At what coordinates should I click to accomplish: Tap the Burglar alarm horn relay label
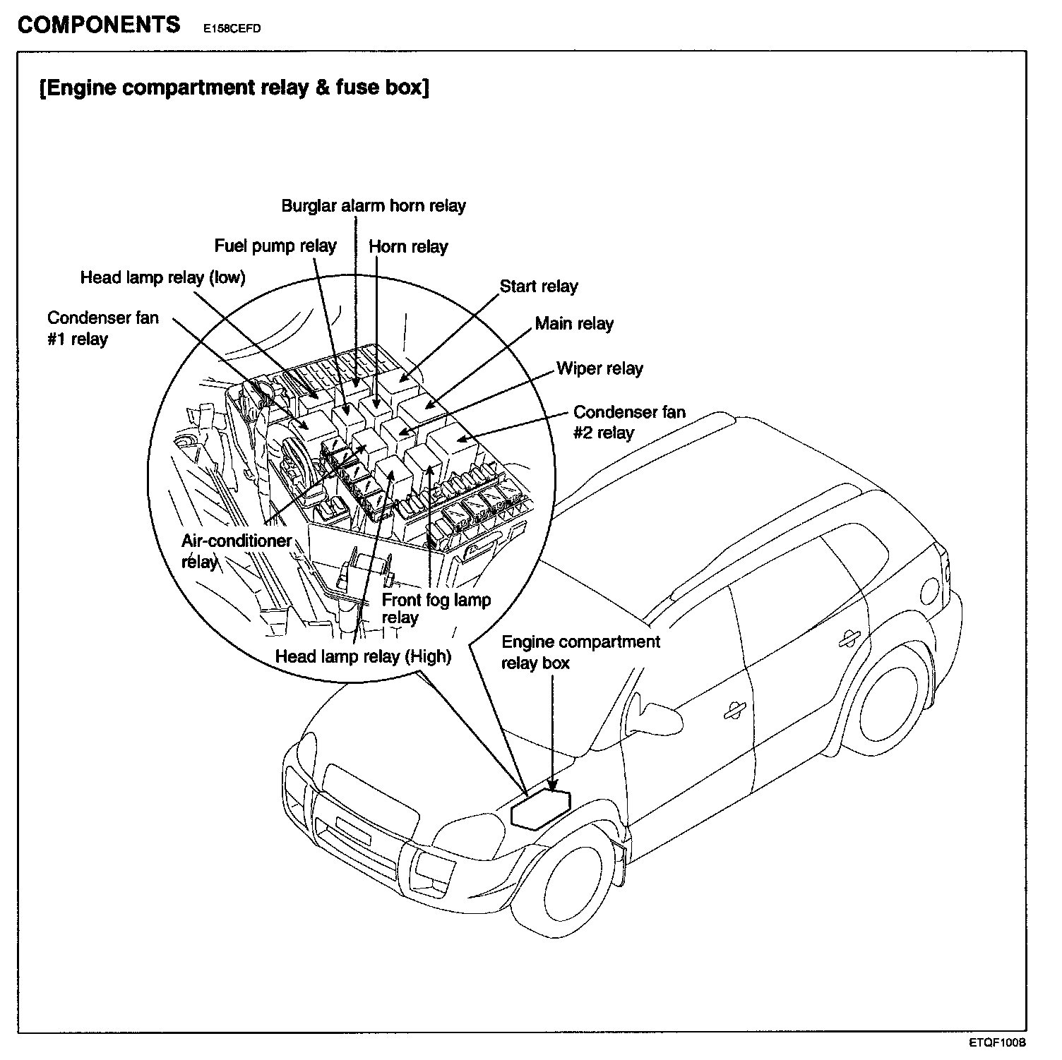click(374, 206)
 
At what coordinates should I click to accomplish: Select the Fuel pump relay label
click(275, 246)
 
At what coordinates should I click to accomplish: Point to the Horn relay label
click(408, 246)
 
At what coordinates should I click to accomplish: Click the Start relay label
click(539, 287)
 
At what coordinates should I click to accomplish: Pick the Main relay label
click(574, 324)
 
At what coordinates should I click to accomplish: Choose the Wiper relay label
click(599, 368)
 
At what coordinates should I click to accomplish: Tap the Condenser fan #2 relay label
click(628, 422)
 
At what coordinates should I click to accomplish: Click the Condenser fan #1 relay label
click(103, 328)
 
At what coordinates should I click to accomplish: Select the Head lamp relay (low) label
click(162, 277)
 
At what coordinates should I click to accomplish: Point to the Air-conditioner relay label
click(236, 551)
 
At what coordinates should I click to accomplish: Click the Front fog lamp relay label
click(436, 608)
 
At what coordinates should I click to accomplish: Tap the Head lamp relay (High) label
click(363, 656)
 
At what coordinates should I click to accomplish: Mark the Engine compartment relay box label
click(580, 652)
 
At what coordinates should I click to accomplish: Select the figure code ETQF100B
click(996, 1042)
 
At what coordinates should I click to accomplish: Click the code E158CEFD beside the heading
click(231, 30)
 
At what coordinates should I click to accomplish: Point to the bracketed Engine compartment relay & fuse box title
click(234, 88)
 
